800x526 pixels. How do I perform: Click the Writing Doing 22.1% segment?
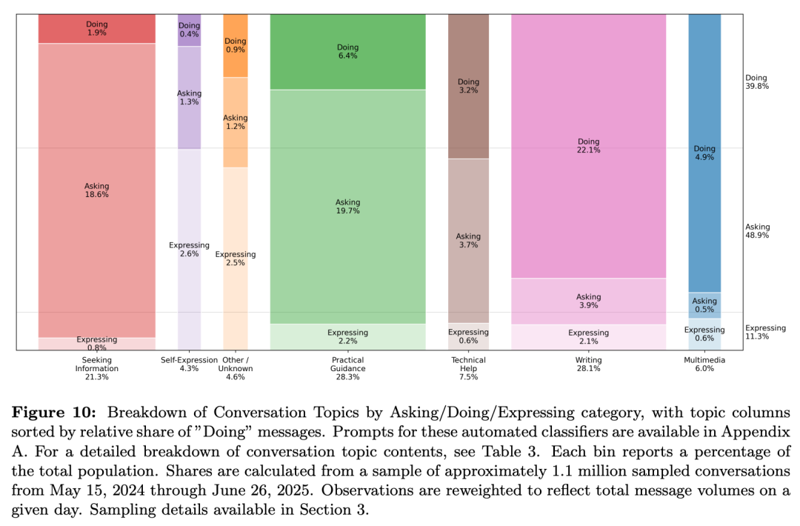point(589,146)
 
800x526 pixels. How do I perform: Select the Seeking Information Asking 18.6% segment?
point(97,190)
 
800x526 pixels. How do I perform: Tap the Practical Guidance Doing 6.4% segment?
point(347,52)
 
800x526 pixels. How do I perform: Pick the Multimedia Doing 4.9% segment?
point(704,153)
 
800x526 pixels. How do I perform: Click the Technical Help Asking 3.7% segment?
point(468,240)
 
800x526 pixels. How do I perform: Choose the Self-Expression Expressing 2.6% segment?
point(189,250)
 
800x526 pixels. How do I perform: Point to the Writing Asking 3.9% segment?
point(589,301)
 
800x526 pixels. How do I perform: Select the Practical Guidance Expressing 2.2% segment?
point(347,336)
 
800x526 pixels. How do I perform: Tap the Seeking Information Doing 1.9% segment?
point(97,29)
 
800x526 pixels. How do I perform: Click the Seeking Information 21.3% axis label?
point(97,368)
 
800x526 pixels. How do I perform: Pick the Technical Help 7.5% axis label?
point(468,368)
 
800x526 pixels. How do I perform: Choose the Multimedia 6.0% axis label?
point(704,364)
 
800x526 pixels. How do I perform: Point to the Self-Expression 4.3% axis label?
point(189,364)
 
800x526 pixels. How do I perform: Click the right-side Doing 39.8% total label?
point(756,81)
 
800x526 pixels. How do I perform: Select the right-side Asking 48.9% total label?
point(757,231)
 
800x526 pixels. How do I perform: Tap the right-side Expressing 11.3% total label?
point(765,332)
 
